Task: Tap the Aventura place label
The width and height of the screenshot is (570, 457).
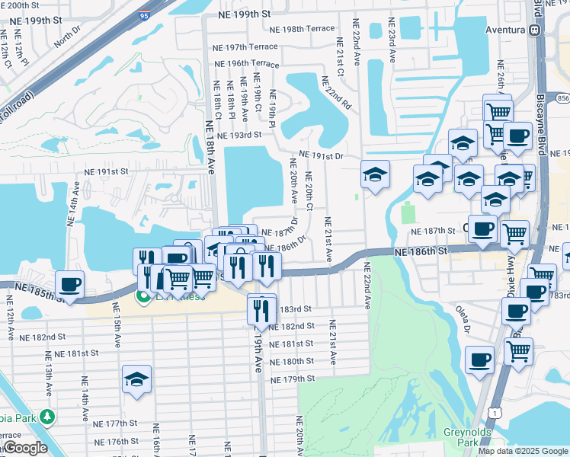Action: coord(506,30)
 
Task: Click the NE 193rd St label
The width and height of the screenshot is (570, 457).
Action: coord(239,134)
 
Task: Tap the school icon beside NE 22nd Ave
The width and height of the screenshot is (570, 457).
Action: coord(375,174)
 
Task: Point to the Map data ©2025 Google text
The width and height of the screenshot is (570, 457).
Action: coord(522,451)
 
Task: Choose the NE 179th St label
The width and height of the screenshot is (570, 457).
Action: coord(293,379)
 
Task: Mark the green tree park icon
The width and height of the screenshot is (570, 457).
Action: coord(47,417)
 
